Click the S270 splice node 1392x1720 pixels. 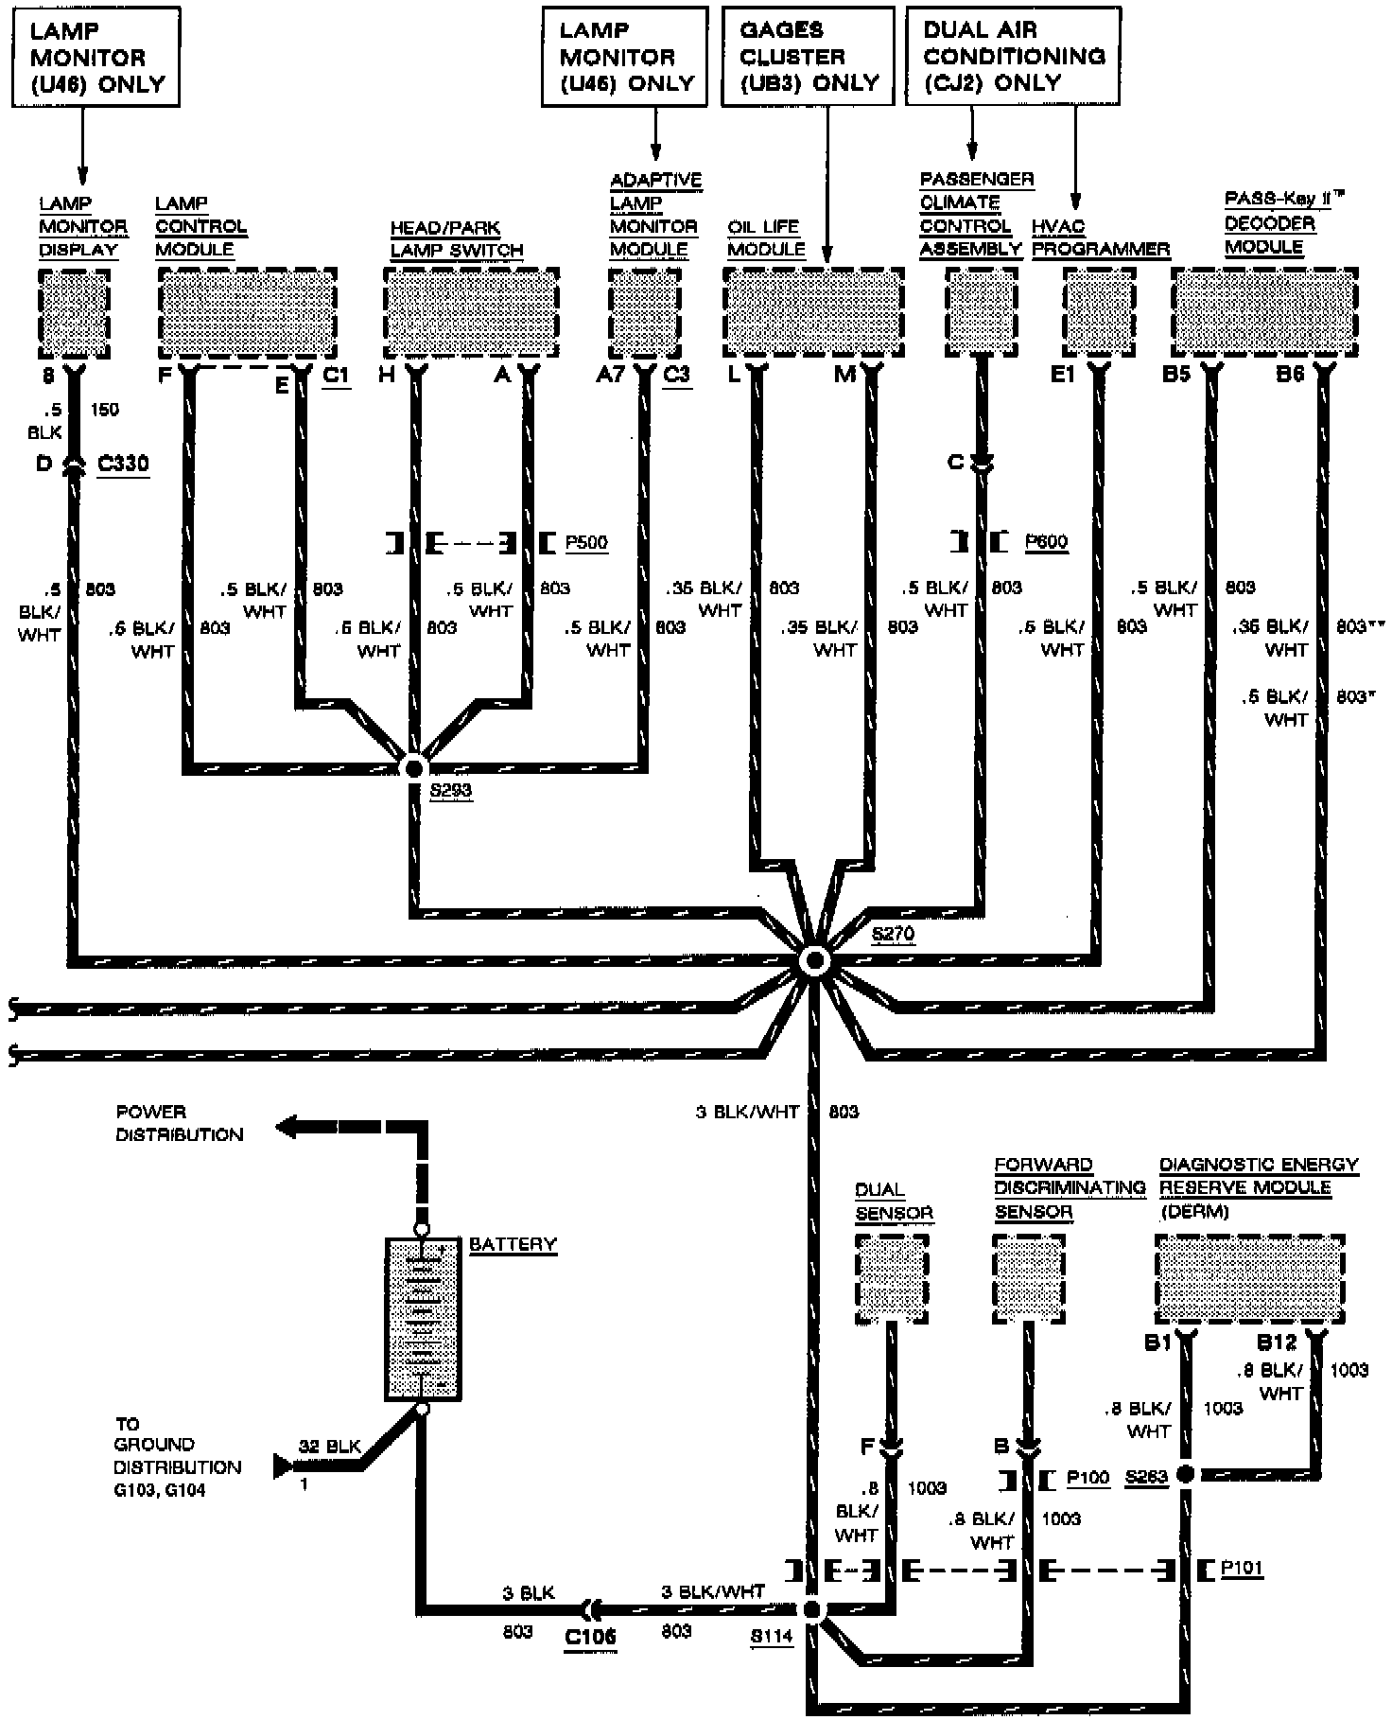tap(813, 961)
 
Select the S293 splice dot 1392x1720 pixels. tap(413, 767)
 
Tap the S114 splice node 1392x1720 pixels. tap(811, 1609)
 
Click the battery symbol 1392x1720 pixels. tap(423, 1318)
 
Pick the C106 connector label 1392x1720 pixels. tap(591, 1637)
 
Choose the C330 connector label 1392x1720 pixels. tap(123, 465)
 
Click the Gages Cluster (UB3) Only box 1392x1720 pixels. tap(809, 55)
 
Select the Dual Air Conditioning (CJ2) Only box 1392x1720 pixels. tap(1013, 55)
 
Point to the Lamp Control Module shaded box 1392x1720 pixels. tap(247, 310)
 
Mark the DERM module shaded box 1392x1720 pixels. tap(1249, 1279)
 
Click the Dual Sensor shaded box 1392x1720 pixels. tap(892, 1279)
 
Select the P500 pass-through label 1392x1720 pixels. tap(586, 543)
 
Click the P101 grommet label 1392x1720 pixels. tap(1242, 1570)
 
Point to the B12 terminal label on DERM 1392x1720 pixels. tap(1276, 1343)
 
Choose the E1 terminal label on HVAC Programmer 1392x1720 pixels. tap(1063, 375)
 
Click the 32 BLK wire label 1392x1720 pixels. tap(329, 1447)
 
